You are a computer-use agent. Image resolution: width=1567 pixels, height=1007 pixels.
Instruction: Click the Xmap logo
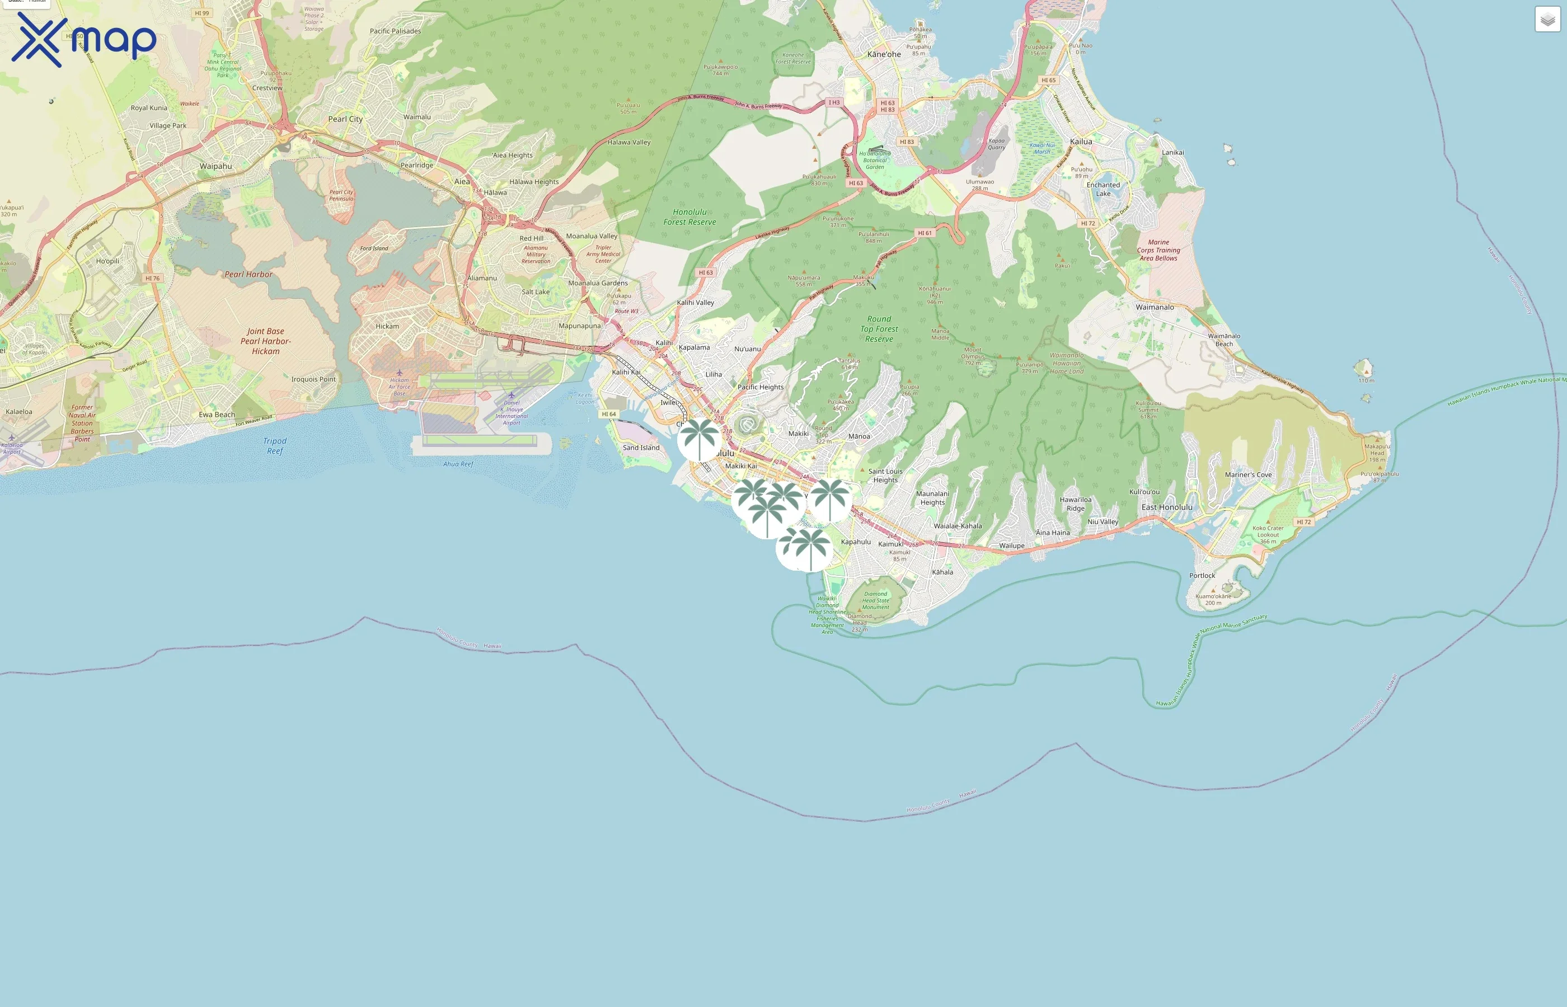84,39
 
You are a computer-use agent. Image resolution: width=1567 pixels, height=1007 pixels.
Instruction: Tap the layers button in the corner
1547,20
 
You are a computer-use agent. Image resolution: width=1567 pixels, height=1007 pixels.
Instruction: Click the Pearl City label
345,119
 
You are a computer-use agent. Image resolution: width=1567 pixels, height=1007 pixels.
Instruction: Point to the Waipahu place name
216,166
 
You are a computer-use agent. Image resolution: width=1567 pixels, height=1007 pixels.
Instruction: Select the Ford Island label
374,248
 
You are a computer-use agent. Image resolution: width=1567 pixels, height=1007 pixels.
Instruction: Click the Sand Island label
641,448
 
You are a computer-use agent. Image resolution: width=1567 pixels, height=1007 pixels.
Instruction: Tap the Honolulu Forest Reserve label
689,217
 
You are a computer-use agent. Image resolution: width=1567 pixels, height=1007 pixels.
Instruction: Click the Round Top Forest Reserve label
879,329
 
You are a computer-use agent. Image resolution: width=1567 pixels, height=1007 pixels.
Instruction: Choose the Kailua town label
1081,141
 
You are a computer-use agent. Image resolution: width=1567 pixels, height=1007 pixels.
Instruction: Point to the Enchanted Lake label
1102,189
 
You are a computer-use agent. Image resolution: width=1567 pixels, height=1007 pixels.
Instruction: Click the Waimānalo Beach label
1223,340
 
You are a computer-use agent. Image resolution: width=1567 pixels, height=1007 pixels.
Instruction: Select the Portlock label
1202,576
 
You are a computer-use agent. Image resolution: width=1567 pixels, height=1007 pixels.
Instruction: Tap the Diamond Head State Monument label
875,600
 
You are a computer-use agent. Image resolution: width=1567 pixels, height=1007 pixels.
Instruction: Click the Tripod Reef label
275,446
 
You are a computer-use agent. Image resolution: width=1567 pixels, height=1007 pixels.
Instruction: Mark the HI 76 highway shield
152,279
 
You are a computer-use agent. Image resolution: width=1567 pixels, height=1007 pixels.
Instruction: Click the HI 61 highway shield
924,233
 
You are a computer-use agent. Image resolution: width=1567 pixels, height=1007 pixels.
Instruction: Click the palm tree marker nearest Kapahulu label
829,500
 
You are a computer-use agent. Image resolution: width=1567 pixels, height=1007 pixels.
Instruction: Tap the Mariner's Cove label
1248,475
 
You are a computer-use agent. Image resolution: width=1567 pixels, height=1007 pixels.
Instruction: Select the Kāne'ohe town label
884,54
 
